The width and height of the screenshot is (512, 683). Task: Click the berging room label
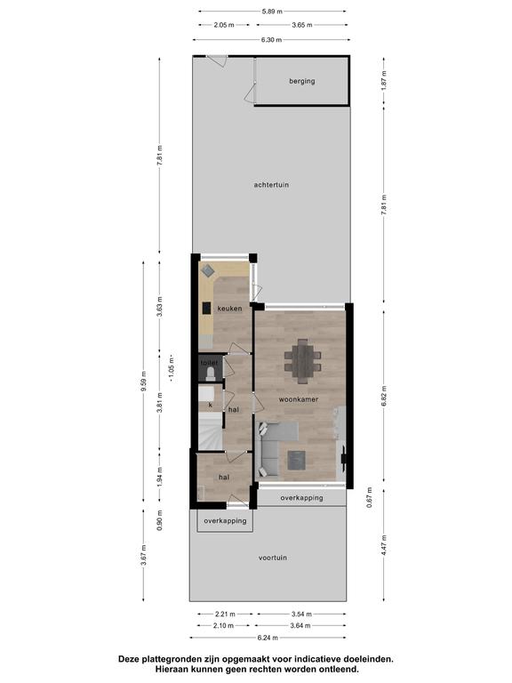[301, 81]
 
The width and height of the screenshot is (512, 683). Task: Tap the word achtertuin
[271, 185]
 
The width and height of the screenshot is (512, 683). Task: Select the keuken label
[229, 309]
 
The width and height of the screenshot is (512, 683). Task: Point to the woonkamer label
[299, 399]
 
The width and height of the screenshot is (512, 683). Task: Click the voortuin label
[273, 558]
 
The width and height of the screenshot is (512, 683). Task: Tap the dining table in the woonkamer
[302, 361]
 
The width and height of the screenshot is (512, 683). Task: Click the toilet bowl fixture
[211, 374]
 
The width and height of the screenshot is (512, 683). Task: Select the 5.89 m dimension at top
[272, 12]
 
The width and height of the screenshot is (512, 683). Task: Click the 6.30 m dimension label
[271, 40]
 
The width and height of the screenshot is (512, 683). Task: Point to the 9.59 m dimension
[143, 382]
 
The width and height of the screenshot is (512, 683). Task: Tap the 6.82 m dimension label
[384, 396]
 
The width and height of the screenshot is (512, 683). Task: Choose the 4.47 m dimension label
[384, 545]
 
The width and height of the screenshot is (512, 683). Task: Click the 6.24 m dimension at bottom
[268, 638]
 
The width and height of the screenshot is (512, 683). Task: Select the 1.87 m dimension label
[384, 80]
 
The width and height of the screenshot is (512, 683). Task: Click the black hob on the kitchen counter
[207, 308]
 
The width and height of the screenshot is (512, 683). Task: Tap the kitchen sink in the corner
[208, 270]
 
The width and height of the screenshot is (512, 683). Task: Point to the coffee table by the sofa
[297, 461]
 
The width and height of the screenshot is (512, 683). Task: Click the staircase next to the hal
[211, 431]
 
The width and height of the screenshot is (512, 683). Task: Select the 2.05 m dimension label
[224, 25]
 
